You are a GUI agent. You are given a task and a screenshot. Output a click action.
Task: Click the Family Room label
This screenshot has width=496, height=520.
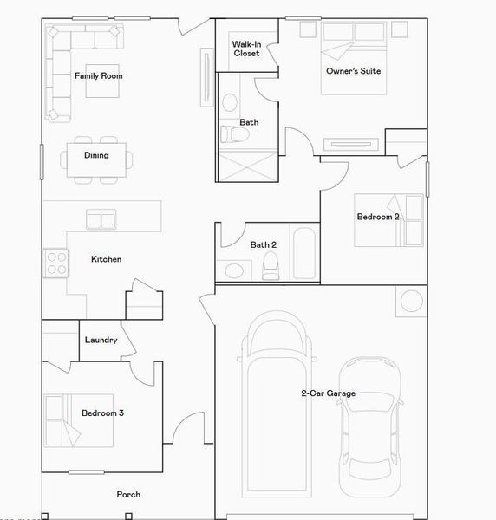98,76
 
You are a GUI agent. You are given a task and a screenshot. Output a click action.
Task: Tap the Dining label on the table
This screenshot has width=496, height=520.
96,156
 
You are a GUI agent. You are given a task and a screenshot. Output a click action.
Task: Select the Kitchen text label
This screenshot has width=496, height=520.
106,259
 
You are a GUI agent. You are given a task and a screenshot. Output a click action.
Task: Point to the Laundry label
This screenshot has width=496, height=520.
101,340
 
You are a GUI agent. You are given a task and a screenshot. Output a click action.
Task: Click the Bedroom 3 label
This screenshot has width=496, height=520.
102,413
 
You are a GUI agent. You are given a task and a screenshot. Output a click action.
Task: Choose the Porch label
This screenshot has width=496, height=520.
128,495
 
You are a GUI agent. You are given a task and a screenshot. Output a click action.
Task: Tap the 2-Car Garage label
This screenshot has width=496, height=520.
328,393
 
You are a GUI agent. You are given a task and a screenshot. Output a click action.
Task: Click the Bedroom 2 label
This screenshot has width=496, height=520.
377,217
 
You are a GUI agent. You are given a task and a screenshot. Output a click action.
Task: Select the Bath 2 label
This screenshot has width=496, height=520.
264,244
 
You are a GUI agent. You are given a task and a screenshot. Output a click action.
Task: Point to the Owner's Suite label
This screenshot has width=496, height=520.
353,71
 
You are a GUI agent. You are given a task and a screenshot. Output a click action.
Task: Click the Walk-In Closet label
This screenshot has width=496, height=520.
246,49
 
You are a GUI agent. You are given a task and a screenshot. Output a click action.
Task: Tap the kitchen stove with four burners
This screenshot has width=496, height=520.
56,263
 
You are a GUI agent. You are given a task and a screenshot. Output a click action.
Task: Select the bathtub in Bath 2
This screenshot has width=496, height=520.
304,253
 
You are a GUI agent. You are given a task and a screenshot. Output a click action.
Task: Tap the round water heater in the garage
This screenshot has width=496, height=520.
411,302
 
